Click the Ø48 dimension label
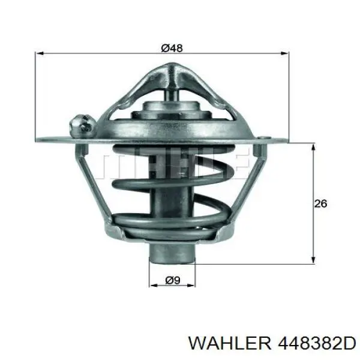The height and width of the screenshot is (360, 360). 172,48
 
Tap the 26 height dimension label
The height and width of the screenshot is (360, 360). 320,203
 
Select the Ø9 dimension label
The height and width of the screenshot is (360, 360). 173,280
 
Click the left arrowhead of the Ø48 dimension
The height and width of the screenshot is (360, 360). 40,53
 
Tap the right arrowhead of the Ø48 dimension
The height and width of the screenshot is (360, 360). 284,53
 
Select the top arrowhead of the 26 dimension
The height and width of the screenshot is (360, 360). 313,147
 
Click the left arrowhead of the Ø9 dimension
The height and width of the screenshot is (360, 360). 153,286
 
